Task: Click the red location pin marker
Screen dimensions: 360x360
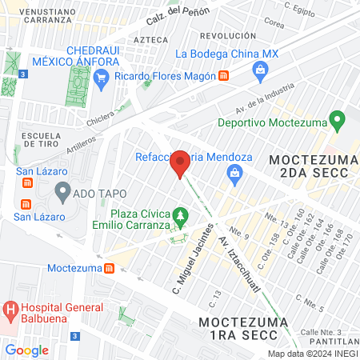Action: pos(180,164)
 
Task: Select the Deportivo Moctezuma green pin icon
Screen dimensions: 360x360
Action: pos(338,122)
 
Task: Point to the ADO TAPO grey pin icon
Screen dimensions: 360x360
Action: pos(62,192)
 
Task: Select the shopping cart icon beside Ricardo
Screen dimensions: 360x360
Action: pos(101,77)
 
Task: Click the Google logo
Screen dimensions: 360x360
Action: pos(26,350)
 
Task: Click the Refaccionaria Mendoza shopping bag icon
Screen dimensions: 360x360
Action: pos(234,173)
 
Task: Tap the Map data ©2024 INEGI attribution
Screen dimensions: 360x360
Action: pos(311,353)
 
